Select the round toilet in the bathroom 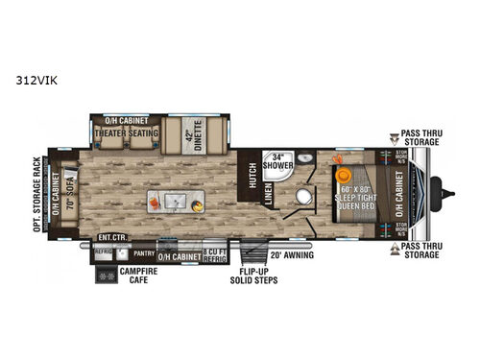coord(305,198)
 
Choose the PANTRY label coord(143,253)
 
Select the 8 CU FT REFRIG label coord(215,253)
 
